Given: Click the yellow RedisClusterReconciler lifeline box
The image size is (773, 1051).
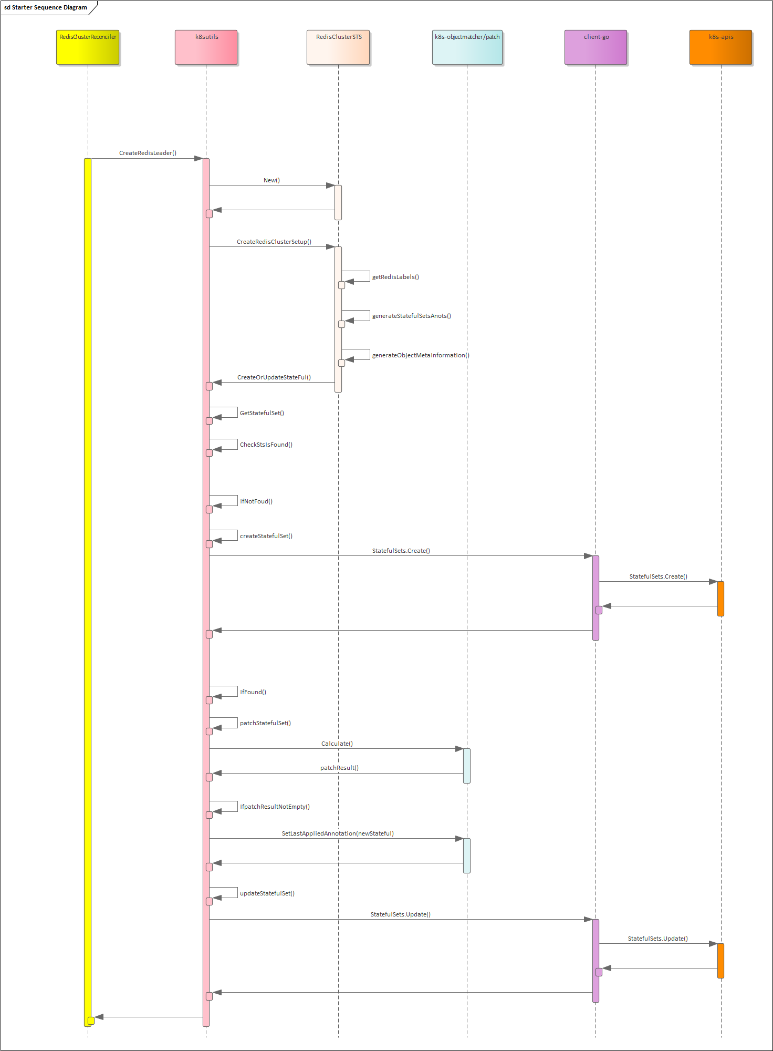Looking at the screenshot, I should pyautogui.click(x=88, y=47).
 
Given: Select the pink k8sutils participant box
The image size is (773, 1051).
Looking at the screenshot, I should pyautogui.click(x=206, y=47).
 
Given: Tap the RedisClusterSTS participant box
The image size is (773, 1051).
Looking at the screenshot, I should pyautogui.click(x=338, y=47).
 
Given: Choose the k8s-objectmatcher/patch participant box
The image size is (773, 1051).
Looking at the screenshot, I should pyautogui.click(x=467, y=47).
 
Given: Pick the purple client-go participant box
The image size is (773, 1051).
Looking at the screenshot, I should pyautogui.click(x=596, y=47).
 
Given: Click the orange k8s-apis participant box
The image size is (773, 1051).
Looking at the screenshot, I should pyautogui.click(x=720, y=47).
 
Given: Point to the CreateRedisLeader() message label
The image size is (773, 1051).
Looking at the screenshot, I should pyautogui.click(x=148, y=153).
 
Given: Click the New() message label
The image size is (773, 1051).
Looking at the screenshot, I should pyautogui.click(x=271, y=180).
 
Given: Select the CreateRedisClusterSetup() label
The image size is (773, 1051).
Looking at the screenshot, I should pyautogui.click(x=274, y=242).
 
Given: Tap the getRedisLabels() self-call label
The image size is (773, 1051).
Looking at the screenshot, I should pyautogui.click(x=395, y=277).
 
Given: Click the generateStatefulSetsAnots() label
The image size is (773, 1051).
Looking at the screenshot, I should pyautogui.click(x=411, y=316).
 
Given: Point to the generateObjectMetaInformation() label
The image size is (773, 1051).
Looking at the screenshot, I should pyautogui.click(x=421, y=355).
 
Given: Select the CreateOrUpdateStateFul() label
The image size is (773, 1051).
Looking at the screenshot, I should pyautogui.click(x=274, y=377).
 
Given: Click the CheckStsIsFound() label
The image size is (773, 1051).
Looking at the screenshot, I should pyautogui.click(x=266, y=445).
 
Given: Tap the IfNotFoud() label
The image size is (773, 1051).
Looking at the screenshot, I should pyautogui.click(x=256, y=501).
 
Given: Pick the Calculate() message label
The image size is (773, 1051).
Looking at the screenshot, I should pyautogui.click(x=337, y=744).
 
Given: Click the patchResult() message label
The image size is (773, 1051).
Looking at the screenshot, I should pyautogui.click(x=339, y=768).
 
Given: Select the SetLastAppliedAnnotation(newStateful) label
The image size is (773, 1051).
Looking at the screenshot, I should pyautogui.click(x=338, y=833).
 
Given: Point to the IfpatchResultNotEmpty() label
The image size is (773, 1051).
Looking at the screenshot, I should pyautogui.click(x=275, y=807).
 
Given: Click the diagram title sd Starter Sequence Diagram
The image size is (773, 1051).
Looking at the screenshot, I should pyautogui.click(x=46, y=7).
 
